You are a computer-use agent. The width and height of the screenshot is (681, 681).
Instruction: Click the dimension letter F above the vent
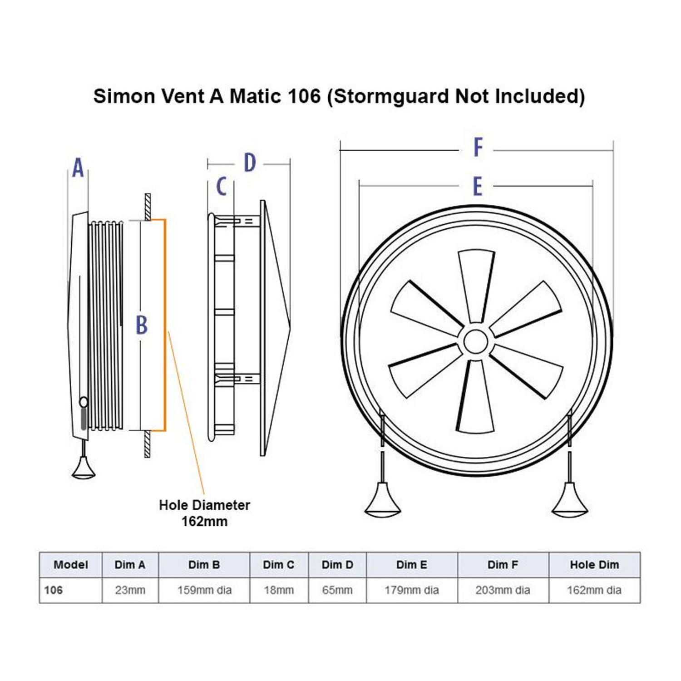478,147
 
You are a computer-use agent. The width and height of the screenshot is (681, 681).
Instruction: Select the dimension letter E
477,186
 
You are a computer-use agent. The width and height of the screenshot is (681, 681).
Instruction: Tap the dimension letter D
250,163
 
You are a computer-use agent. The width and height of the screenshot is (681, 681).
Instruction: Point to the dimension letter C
221,186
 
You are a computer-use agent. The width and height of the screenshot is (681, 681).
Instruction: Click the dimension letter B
142,325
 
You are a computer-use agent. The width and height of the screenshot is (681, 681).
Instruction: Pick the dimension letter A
78,168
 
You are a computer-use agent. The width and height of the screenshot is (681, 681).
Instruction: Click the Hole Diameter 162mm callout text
204,513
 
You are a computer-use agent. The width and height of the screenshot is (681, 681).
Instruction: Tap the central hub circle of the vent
476,341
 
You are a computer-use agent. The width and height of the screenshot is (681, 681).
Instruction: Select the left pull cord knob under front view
382,501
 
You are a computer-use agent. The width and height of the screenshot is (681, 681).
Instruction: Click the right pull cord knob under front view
569,501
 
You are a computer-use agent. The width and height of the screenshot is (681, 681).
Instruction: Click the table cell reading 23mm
130,590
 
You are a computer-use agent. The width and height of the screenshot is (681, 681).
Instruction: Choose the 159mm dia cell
204,590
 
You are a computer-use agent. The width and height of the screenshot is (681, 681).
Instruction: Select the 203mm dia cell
503,590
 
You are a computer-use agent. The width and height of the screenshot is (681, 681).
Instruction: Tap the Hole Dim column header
594,565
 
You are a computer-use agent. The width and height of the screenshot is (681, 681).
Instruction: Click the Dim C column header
278,565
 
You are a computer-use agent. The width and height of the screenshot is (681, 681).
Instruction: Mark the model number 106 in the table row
54,590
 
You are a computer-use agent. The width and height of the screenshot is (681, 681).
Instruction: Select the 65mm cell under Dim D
337,590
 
